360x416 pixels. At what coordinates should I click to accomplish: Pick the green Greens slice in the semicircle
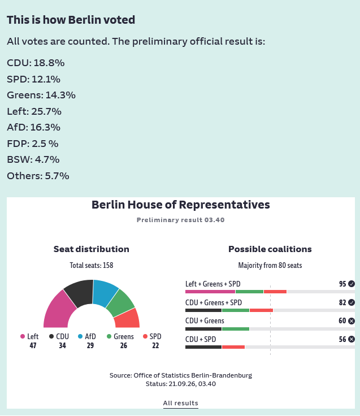[x=122, y=302]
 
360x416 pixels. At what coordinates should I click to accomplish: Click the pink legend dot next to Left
[x=23, y=336]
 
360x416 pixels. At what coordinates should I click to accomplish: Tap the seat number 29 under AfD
[x=90, y=345]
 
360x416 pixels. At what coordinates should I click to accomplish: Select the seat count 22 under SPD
[x=155, y=345]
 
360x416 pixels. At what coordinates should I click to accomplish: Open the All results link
[x=180, y=403]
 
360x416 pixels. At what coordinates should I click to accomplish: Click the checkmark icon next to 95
[x=352, y=284]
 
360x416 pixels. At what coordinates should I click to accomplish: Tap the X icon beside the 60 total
[x=352, y=321]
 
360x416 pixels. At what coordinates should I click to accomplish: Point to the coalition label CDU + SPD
[x=201, y=339]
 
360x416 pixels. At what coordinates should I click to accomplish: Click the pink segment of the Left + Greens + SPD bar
[x=210, y=292]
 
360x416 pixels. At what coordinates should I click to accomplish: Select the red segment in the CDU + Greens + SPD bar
[x=261, y=310]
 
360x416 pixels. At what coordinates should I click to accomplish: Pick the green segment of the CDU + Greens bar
[x=236, y=329]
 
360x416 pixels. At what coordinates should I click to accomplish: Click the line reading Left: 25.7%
[x=34, y=111]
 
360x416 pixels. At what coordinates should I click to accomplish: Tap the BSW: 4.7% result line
[x=33, y=160]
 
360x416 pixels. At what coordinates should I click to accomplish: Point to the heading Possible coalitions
[x=270, y=249]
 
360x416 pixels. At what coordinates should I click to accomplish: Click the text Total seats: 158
[x=92, y=265]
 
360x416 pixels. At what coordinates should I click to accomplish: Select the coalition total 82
[x=342, y=302]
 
